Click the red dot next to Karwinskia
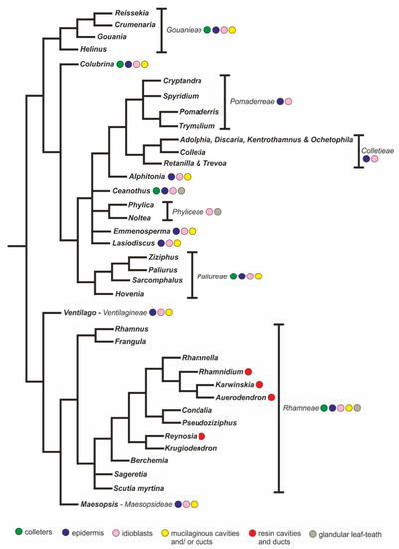[x=259, y=384]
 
